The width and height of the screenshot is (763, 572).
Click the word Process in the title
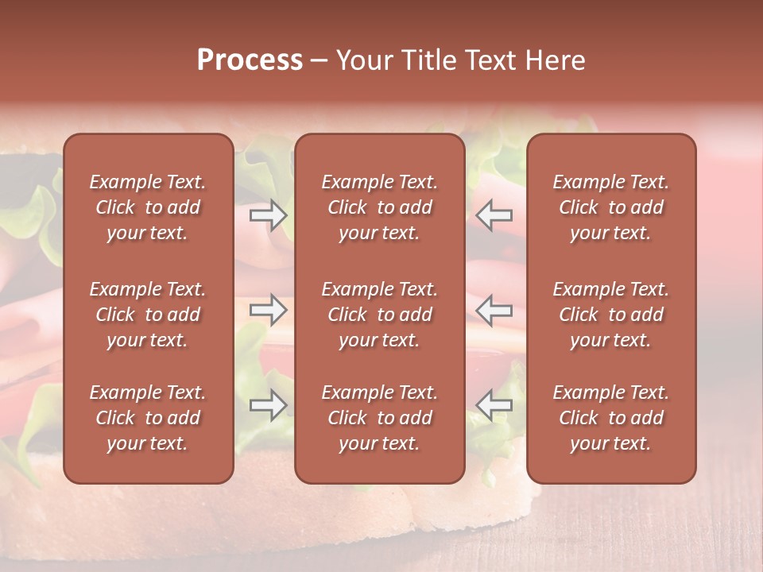pyautogui.click(x=250, y=60)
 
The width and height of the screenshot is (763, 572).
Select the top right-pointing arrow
pyautogui.click(x=268, y=214)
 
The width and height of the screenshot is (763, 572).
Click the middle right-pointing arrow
pyautogui.click(x=268, y=309)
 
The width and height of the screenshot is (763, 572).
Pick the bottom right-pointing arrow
pyautogui.click(x=268, y=405)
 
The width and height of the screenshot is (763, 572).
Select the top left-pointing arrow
pyautogui.click(x=494, y=214)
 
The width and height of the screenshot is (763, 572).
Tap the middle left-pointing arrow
pyautogui.click(x=494, y=309)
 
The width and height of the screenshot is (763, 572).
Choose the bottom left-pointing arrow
pyautogui.click(x=494, y=405)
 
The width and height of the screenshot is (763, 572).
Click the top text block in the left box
pyautogui.click(x=148, y=207)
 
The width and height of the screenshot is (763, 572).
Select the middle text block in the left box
pyautogui.click(x=148, y=315)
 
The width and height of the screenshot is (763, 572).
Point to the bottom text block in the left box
pyautogui.click(x=148, y=418)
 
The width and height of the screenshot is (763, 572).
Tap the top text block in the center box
pyautogui.click(x=379, y=207)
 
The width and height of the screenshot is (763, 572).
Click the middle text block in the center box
pyautogui.click(x=379, y=315)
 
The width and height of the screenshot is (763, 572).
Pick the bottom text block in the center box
pyautogui.click(x=379, y=418)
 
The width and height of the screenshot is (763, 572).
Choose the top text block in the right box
pyautogui.click(x=611, y=207)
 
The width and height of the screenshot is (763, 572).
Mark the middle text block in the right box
pyautogui.click(x=611, y=315)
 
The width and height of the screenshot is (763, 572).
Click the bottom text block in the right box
pyautogui.click(x=611, y=418)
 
